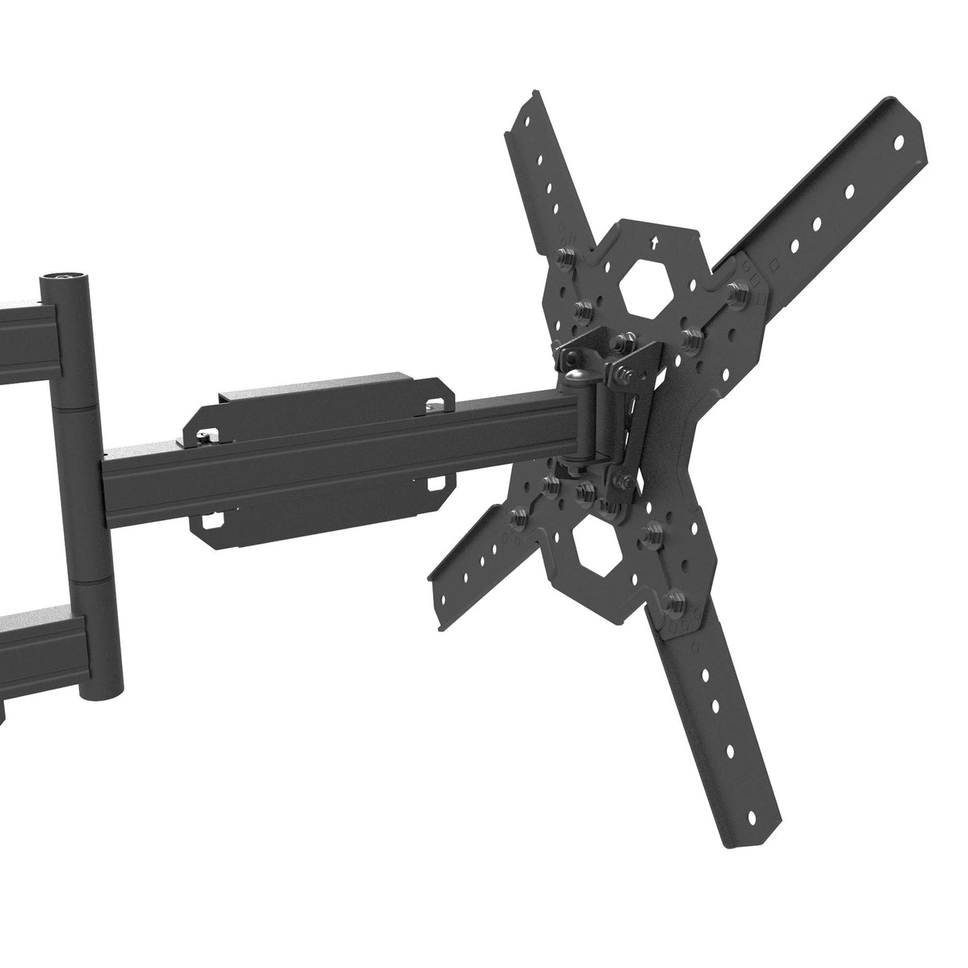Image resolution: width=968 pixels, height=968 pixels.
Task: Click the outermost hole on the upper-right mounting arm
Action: [899, 144]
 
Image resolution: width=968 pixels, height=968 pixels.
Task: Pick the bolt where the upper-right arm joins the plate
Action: [734, 290]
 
